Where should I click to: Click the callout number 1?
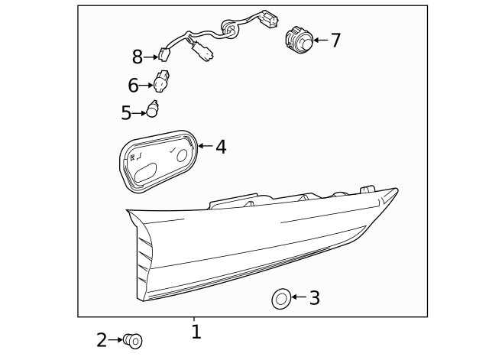196,332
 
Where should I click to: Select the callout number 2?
102,340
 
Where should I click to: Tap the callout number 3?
314,298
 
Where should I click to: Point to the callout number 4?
221,147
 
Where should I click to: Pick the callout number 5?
126,113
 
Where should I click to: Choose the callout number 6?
133,86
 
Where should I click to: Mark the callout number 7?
335,41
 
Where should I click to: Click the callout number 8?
138,57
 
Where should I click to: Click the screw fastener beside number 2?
134,340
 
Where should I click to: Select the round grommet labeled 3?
281,298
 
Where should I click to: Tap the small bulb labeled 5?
152,111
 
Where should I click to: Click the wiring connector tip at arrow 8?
163,54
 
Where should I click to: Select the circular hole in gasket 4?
182,155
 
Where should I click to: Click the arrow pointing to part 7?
319,40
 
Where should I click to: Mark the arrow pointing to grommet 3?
299,297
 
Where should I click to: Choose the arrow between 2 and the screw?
116,340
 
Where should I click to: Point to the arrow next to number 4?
205,145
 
